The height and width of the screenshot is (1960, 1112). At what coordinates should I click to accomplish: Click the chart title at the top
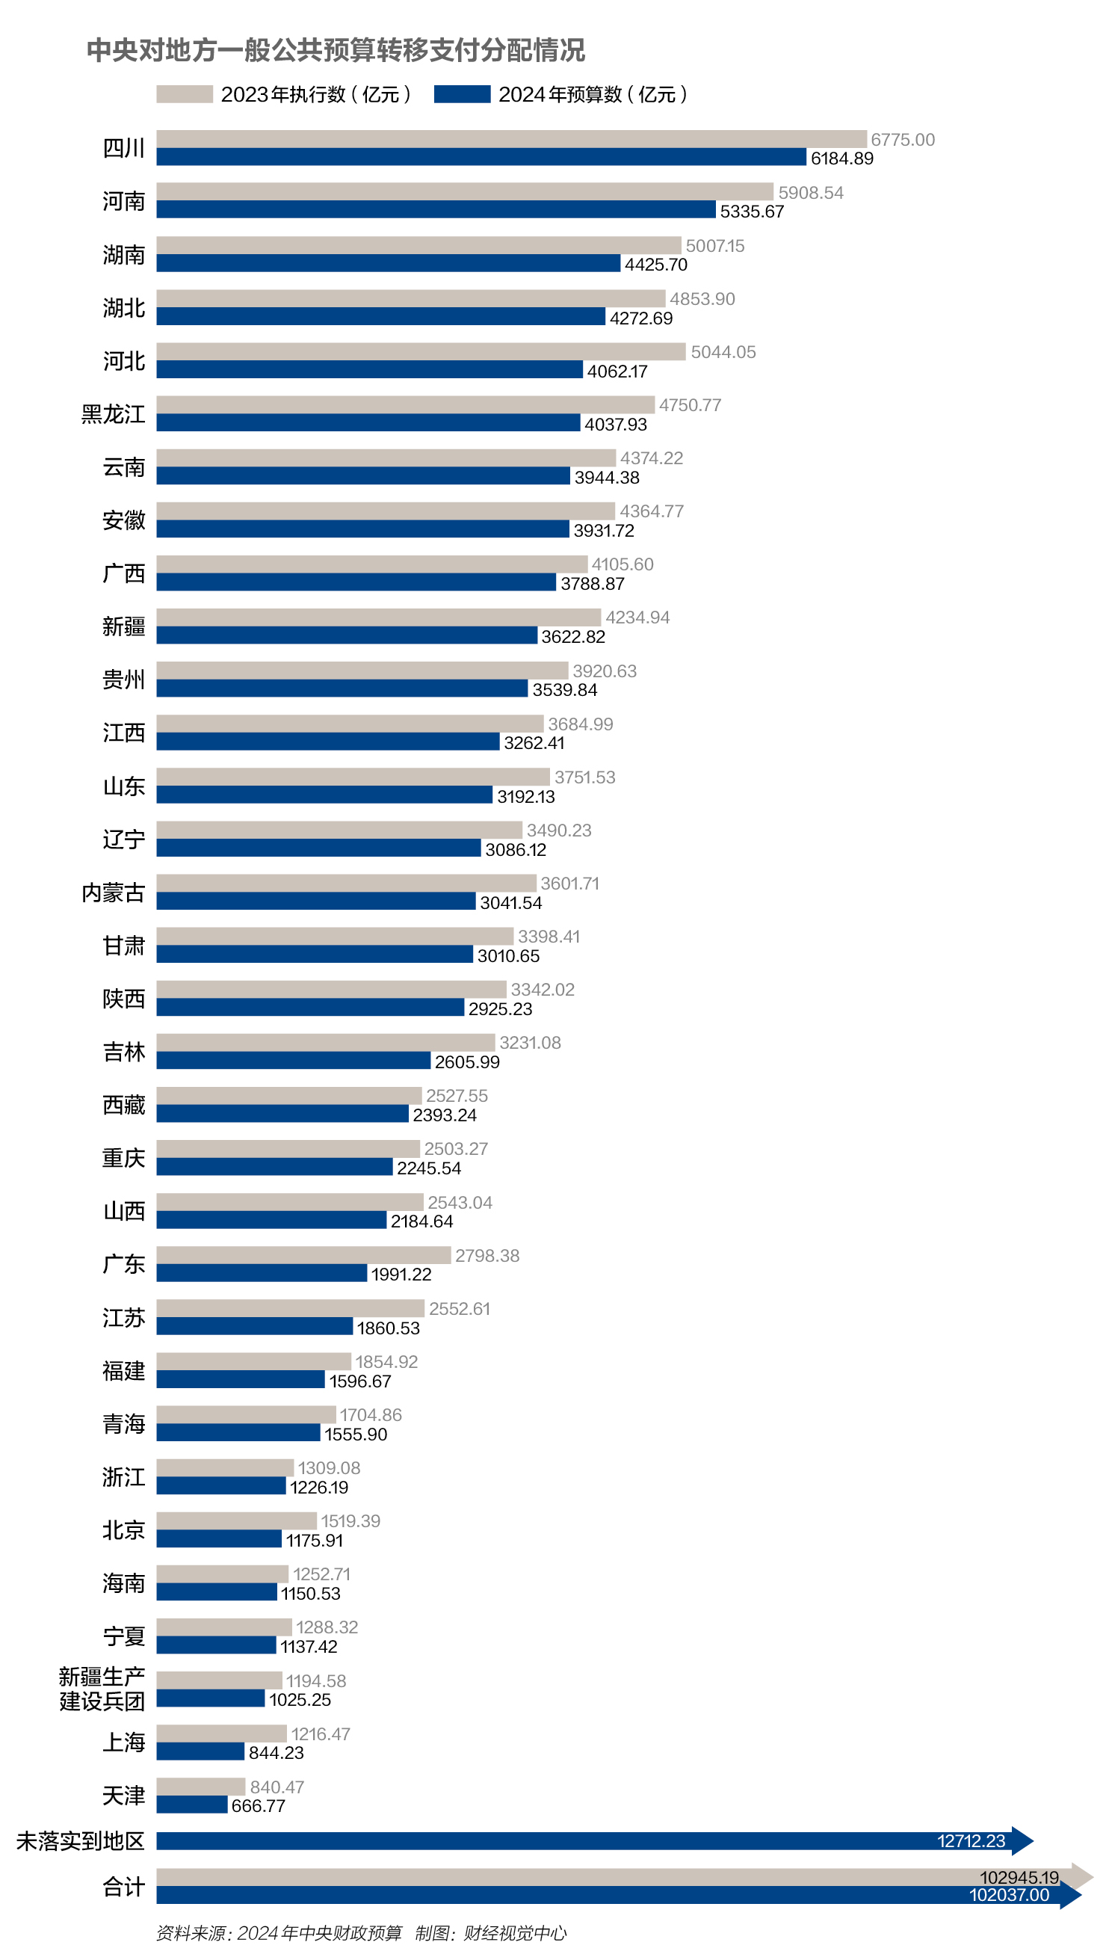336,50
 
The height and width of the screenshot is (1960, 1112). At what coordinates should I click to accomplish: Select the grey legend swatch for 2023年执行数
184,94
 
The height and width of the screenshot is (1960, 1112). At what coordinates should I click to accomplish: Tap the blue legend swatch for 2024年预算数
461,94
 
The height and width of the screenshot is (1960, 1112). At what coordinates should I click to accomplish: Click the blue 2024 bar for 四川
481,157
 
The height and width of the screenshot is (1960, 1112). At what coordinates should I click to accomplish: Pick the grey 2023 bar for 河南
464,191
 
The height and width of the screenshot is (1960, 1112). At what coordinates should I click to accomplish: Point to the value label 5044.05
723,352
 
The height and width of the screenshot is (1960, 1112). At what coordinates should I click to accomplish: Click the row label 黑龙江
113,414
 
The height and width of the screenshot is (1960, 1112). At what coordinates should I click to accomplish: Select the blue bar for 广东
262,1273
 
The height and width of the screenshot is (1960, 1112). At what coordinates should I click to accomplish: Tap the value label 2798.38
486,1255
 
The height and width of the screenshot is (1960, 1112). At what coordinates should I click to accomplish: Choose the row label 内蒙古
113,892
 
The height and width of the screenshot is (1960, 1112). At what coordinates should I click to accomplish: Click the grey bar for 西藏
288,1095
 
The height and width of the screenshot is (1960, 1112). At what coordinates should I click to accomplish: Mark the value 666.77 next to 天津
258,1806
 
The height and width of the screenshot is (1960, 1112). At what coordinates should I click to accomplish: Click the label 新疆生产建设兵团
102,1689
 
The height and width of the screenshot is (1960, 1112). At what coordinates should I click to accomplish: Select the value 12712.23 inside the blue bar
971,1842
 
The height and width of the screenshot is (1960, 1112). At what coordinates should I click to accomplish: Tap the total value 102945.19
1019,1878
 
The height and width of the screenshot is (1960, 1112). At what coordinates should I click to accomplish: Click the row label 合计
124,1887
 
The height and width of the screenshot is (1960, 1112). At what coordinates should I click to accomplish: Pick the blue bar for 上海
200,1751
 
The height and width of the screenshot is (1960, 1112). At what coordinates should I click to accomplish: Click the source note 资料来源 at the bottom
279,1933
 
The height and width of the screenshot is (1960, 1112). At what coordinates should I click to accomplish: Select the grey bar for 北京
236,1520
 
